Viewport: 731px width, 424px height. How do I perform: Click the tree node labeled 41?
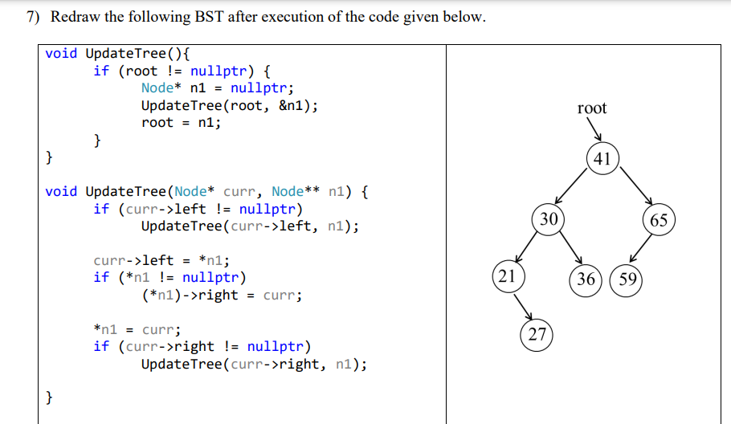pyautogui.click(x=602, y=159)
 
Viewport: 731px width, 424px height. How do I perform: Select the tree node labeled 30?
pyautogui.click(x=549, y=219)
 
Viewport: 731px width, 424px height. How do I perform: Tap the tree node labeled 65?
pyautogui.click(x=659, y=220)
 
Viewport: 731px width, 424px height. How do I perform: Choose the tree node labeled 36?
pyautogui.click(x=586, y=279)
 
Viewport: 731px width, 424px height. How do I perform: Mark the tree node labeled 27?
pyautogui.click(x=537, y=335)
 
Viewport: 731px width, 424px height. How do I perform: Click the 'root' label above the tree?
pyautogui.click(x=592, y=108)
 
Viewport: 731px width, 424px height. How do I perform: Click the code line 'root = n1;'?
pyautogui.click(x=181, y=122)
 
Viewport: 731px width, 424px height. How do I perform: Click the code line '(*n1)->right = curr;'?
pyautogui.click(x=221, y=295)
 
